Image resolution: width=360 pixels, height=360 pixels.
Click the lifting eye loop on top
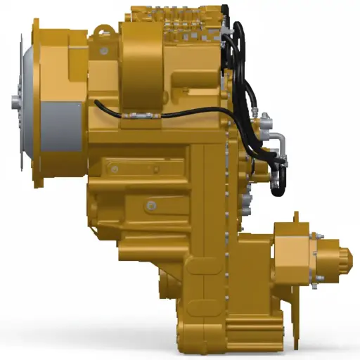pyautogui.click(x=104, y=31)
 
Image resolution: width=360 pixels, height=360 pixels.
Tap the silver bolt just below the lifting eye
pyautogui.click(x=104, y=50)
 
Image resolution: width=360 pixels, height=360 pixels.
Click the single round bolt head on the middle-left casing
pyautogui.click(x=150, y=205)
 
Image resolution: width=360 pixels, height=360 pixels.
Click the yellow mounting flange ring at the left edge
pyautogui.click(x=37, y=102)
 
